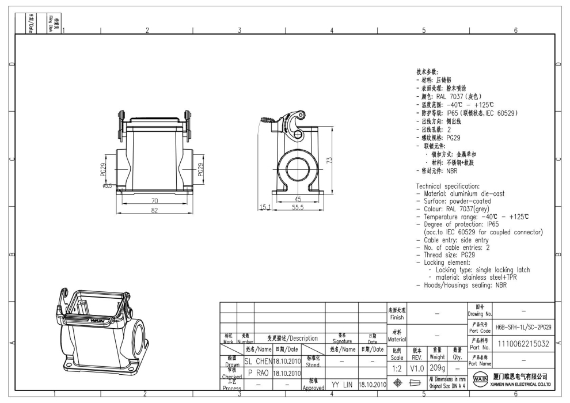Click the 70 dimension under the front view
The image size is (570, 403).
[155, 200]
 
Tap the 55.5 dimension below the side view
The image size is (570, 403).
[298, 208]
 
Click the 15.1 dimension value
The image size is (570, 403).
[265, 207]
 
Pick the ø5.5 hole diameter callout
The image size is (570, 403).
[107, 185]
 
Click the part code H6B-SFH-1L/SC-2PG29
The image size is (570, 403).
[523, 327]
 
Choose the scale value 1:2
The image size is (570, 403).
[397, 367]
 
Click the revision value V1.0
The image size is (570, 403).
[417, 367]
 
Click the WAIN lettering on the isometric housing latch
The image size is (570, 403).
[98, 319]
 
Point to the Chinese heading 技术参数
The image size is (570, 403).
[428, 72]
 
